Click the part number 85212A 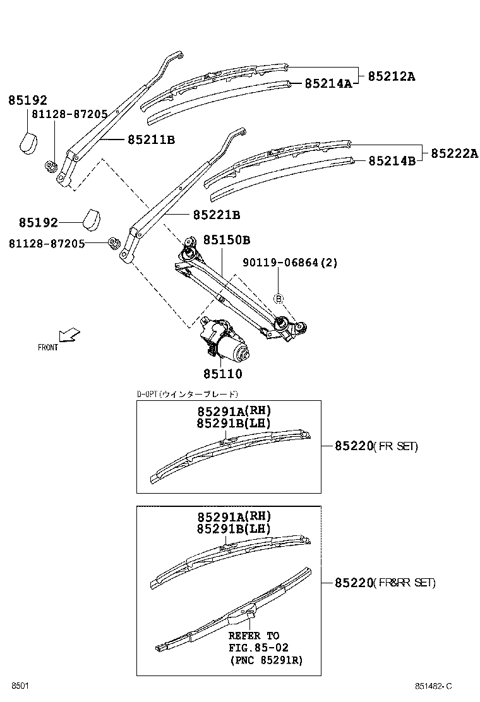tap(392, 76)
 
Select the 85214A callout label tap(328, 83)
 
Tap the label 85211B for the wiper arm tap(151, 140)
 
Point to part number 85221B tap(217, 215)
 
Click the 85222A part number tap(455, 153)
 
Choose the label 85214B tap(392, 161)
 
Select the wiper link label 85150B tap(227, 241)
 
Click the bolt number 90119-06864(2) tap(291, 262)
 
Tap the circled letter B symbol tap(279, 297)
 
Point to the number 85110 tap(222, 374)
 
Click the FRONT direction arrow tap(67, 334)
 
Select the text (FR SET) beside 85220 tap(395, 446)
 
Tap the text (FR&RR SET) tap(404, 583)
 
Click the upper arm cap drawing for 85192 tap(27, 143)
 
